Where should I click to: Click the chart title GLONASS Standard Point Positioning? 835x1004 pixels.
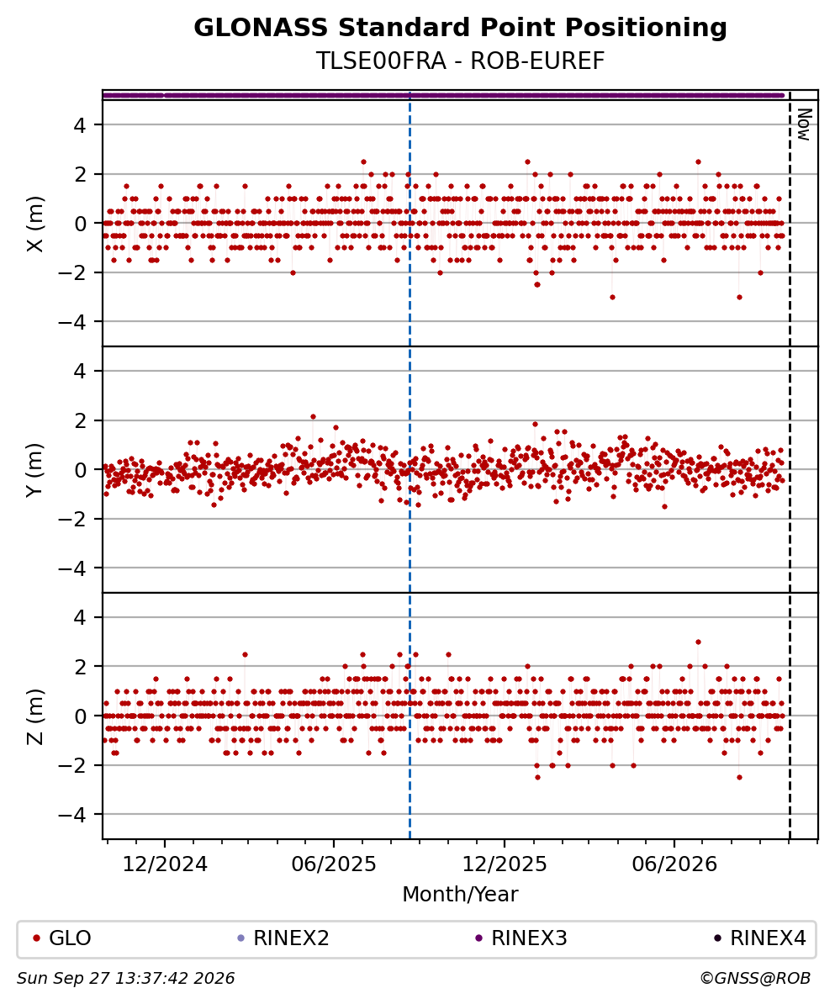[x=460, y=29]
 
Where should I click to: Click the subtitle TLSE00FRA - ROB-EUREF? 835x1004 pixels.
[x=460, y=61]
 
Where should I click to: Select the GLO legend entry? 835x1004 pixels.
[x=62, y=938]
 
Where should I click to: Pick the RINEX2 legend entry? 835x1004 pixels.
[x=283, y=938]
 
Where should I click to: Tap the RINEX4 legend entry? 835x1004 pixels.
[x=760, y=938]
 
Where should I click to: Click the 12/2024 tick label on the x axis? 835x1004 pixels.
[x=165, y=864]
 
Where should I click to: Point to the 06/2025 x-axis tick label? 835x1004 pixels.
[x=334, y=864]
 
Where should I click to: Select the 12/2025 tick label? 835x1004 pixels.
[x=505, y=864]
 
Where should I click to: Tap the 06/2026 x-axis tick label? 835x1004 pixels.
[x=674, y=864]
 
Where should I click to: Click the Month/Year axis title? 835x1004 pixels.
[x=460, y=894]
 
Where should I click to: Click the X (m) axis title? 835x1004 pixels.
[x=36, y=224]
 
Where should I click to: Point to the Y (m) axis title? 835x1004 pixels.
[x=36, y=470]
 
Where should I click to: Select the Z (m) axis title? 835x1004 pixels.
[x=36, y=716]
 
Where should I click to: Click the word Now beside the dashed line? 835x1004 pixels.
[x=804, y=124]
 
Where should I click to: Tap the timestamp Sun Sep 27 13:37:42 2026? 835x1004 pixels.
[x=125, y=979]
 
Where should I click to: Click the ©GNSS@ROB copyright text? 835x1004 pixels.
[x=755, y=979]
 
